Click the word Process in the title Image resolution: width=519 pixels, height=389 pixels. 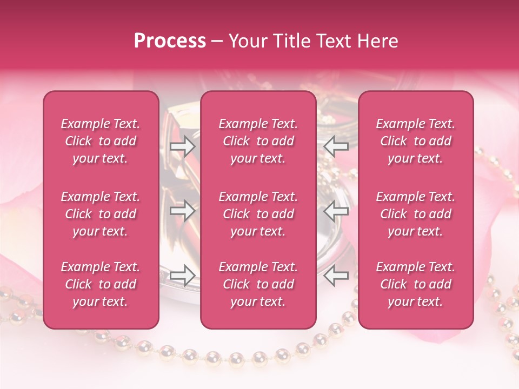pyautogui.click(x=170, y=41)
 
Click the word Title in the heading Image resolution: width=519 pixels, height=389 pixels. pyautogui.click(x=291, y=41)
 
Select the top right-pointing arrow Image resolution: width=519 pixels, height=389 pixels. pyautogui.click(x=182, y=146)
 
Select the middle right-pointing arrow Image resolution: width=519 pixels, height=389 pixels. pyautogui.click(x=182, y=210)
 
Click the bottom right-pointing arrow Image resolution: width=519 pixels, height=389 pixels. pyautogui.click(x=182, y=275)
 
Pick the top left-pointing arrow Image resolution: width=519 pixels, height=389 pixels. pyautogui.click(x=336, y=146)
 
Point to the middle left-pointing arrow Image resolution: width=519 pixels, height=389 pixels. pyautogui.click(x=336, y=210)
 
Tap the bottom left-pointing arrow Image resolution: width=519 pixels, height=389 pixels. pyautogui.click(x=336, y=275)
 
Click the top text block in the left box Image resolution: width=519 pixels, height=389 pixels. pyautogui.click(x=101, y=141)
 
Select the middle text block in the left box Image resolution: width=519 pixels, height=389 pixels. pyautogui.click(x=101, y=214)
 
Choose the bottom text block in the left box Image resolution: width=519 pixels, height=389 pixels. pyautogui.click(x=101, y=284)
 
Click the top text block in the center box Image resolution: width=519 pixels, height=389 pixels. pyautogui.click(x=258, y=141)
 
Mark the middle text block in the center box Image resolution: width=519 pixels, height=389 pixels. pyautogui.click(x=258, y=214)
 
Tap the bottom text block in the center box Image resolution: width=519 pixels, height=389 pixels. pyautogui.click(x=258, y=284)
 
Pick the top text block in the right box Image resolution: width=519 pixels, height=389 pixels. pyautogui.click(x=416, y=141)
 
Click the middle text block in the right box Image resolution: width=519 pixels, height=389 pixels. pyautogui.click(x=416, y=214)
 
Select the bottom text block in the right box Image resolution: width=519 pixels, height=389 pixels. pyautogui.click(x=416, y=284)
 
